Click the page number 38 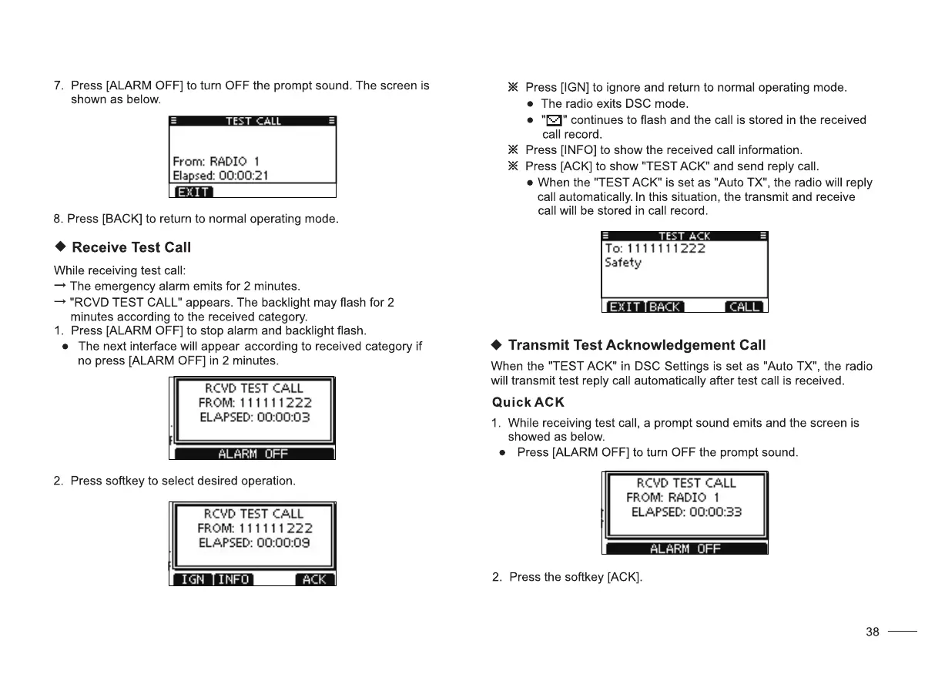[872, 632]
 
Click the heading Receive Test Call [131, 247]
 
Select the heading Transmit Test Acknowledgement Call [637, 344]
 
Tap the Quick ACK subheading [528, 402]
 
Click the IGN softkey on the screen [192, 579]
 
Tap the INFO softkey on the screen [233, 579]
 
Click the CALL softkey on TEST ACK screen [744, 307]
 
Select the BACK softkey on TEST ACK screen [664, 307]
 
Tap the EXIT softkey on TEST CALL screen [193, 192]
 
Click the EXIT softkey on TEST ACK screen [624, 307]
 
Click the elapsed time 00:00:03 [283, 417]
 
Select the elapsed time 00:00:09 [283, 542]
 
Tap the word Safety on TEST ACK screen [623, 263]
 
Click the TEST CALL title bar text [253, 121]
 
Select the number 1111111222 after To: [665, 248]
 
